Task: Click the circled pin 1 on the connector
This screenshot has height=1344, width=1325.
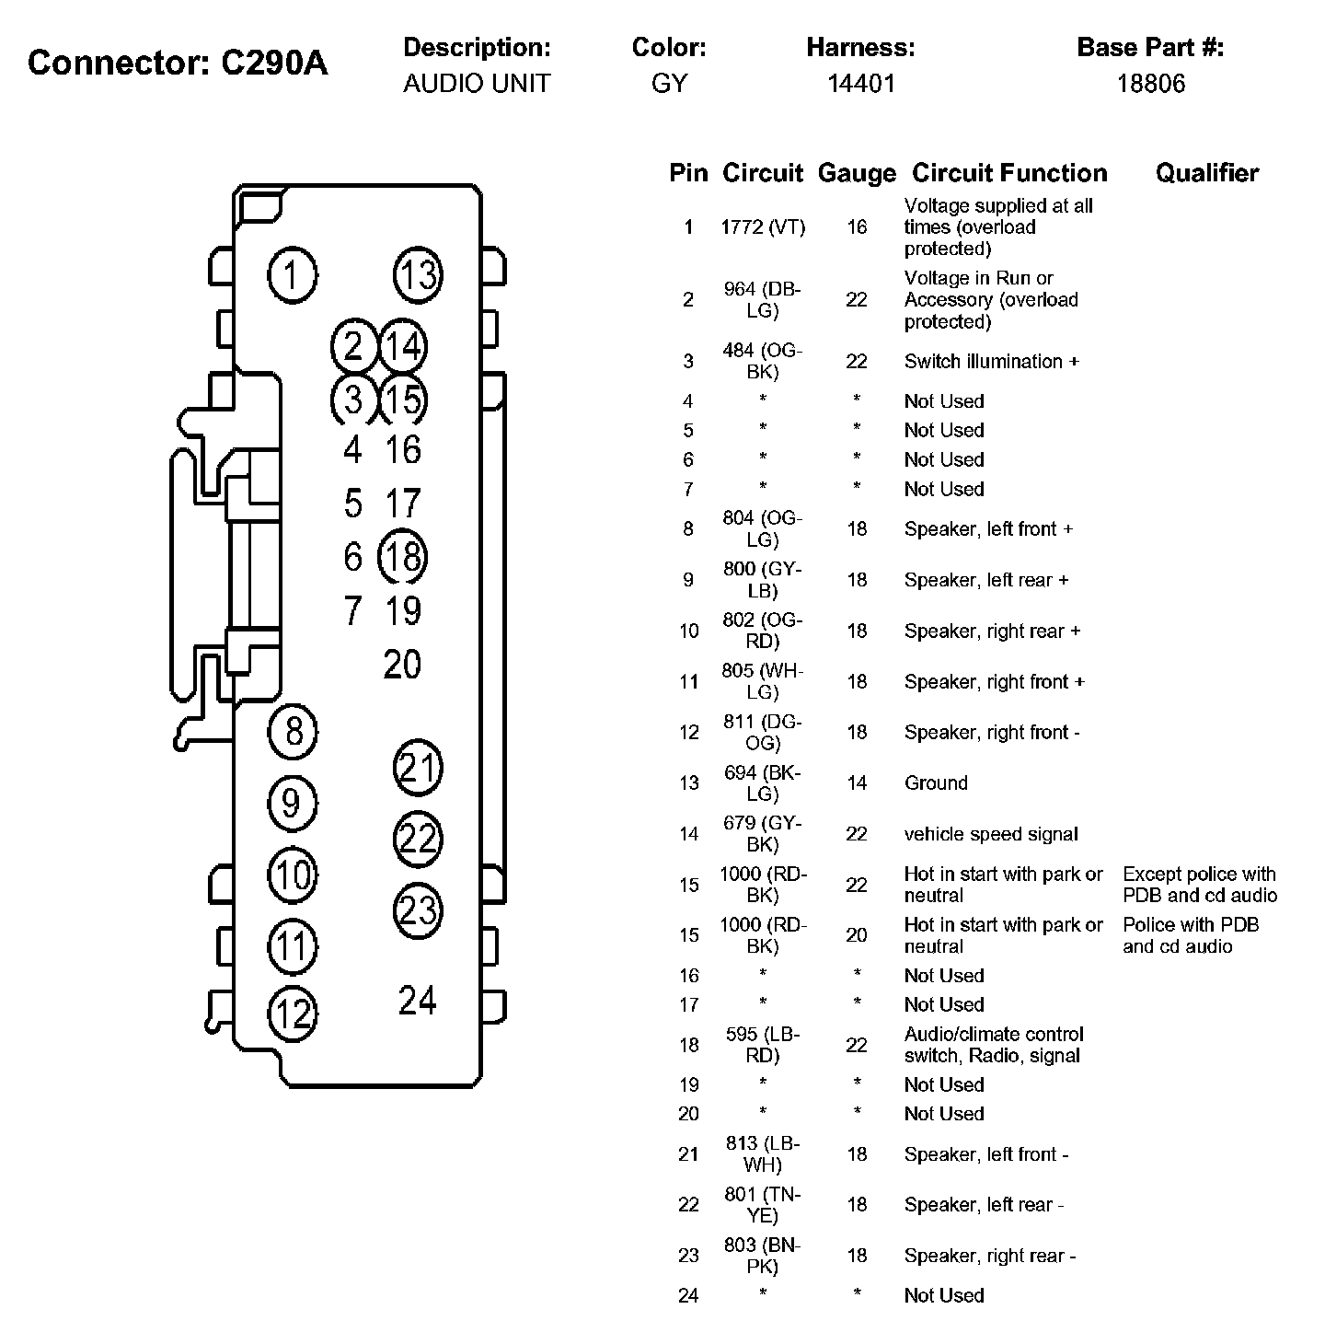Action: point(293,274)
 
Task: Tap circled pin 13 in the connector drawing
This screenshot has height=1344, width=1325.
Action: point(418,274)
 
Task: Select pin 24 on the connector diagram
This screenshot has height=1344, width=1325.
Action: point(417,1000)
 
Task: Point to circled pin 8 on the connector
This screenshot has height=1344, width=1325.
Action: point(293,732)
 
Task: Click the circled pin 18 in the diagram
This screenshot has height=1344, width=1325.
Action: point(403,557)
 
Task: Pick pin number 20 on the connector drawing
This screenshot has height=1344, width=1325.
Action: point(402,664)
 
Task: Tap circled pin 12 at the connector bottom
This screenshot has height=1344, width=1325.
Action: point(293,1014)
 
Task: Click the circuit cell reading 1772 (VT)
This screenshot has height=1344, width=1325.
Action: point(763,226)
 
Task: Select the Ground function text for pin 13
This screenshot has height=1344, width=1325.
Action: point(936,782)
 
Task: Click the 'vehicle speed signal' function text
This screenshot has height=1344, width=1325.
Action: point(991,834)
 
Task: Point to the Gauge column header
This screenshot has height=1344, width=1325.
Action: point(857,173)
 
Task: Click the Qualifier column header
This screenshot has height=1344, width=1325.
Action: point(1207,173)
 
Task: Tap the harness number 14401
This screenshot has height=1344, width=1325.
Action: point(860,84)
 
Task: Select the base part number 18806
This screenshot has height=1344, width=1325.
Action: point(1151,84)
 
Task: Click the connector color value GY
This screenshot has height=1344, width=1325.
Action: point(669,84)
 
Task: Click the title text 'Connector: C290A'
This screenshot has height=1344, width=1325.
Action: point(178,63)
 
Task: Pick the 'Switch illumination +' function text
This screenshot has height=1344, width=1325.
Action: point(991,361)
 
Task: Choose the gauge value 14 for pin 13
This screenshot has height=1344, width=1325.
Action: point(857,782)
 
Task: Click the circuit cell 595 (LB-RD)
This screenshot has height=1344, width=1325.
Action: point(763,1045)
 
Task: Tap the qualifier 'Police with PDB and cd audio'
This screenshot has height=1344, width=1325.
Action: point(1191,935)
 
